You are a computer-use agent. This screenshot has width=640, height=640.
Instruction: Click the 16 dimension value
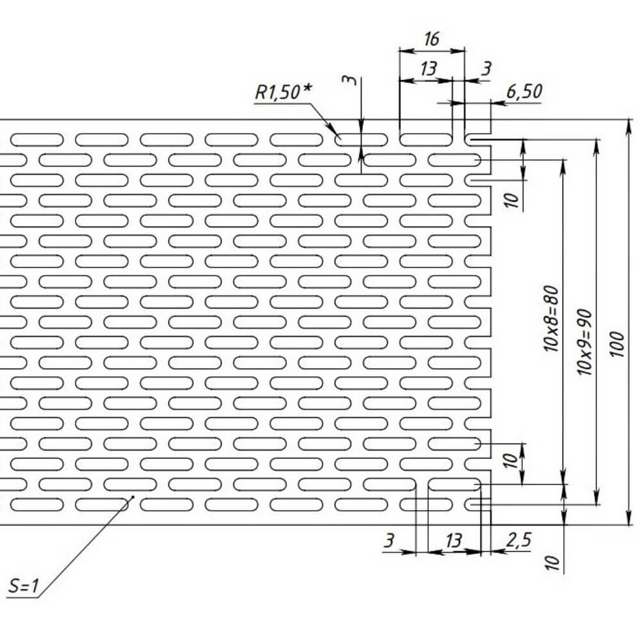tap(432, 40)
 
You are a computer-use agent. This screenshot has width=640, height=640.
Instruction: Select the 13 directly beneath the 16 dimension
tap(429, 68)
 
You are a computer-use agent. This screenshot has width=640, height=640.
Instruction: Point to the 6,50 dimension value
tap(524, 92)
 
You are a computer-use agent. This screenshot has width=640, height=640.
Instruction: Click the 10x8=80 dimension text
tap(552, 320)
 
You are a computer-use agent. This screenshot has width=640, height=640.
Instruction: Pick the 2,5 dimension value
tap(518, 541)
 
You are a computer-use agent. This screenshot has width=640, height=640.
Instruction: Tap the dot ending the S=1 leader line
tap(132, 495)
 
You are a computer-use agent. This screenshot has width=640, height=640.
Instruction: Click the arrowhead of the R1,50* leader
tap(339, 134)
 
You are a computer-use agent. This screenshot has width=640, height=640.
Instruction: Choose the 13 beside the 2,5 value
tap(453, 541)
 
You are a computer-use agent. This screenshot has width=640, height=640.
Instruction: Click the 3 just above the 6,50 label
tap(486, 68)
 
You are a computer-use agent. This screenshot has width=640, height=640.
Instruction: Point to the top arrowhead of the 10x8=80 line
tap(564, 163)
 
